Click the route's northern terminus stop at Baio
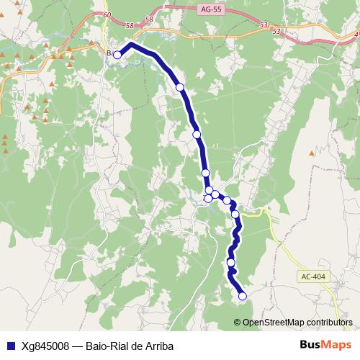(117, 55)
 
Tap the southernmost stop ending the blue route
(243, 296)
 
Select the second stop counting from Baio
(180, 87)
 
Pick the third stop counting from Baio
(197, 134)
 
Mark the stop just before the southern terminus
(231, 263)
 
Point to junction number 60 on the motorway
(107, 16)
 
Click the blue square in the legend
(10, 345)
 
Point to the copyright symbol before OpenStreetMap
(238, 323)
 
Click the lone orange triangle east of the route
(312, 153)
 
